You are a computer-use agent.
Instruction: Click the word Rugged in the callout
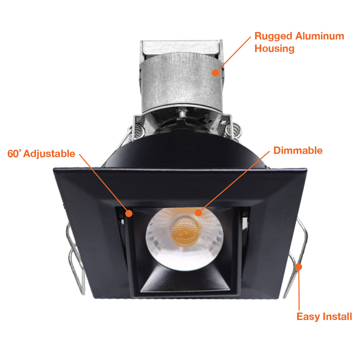(273, 36)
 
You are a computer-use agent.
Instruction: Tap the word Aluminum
(319, 36)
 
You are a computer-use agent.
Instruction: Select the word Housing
(274, 49)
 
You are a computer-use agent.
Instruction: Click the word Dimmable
(298, 151)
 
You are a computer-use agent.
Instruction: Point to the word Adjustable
(49, 154)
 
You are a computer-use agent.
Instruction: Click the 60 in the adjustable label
(13, 154)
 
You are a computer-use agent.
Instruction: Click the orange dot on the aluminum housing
(215, 73)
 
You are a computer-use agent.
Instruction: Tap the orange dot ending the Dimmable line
(198, 213)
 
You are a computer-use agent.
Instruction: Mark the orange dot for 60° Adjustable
(129, 213)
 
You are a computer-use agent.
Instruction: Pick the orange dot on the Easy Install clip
(298, 267)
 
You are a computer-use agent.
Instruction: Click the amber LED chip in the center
(186, 233)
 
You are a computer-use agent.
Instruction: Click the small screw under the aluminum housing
(182, 114)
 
